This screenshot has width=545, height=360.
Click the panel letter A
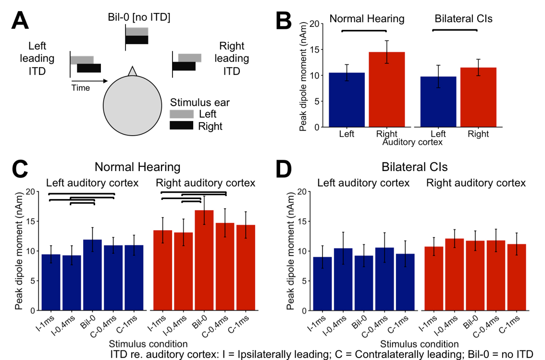20,21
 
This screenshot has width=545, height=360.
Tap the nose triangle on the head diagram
133,71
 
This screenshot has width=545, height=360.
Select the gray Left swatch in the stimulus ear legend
182,114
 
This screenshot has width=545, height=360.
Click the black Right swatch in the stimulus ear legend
182,125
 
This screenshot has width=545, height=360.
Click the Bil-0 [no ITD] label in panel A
139,17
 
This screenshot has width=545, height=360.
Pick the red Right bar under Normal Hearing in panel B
387,90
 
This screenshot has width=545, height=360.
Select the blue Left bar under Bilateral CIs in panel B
438,102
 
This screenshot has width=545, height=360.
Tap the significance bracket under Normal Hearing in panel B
364,31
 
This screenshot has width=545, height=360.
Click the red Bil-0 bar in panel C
204,261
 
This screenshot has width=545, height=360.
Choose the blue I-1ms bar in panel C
51,283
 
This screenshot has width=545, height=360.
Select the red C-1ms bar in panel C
246,268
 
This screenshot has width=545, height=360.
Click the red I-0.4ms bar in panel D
454,274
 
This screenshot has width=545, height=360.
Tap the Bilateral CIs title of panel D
415,167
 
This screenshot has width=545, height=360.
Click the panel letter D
284,169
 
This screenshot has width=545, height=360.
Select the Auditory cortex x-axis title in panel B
412,142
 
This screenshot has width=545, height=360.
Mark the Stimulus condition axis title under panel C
148,344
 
